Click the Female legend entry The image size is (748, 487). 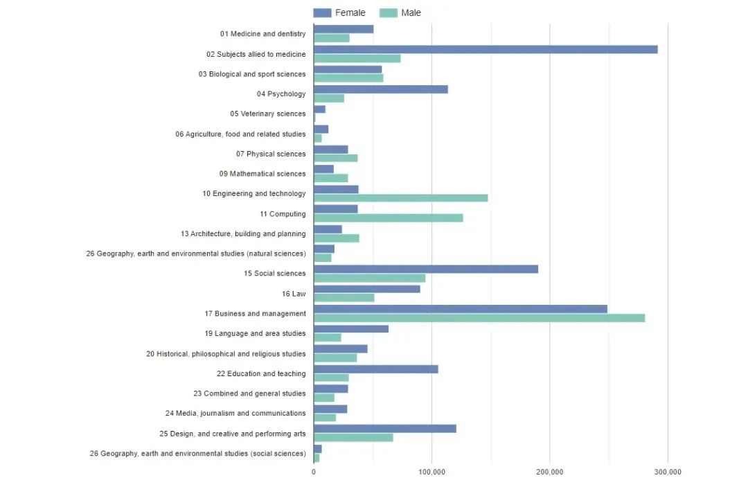click(339, 12)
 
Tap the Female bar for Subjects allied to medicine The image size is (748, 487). click(485, 49)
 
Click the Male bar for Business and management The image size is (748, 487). click(479, 318)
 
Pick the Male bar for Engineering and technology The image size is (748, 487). click(400, 198)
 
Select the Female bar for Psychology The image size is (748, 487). click(380, 89)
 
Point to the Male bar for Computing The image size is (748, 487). click(388, 218)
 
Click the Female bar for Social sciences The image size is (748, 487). click(425, 269)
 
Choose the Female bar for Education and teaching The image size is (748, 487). click(375, 369)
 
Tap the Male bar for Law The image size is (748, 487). click(344, 298)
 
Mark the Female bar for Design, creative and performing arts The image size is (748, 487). click(384, 429)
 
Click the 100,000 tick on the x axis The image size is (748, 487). click(431, 472)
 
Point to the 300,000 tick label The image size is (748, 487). click(668, 472)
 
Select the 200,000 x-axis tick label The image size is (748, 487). click(550, 472)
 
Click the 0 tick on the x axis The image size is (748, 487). click(314, 472)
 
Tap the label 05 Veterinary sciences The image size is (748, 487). click(267, 114)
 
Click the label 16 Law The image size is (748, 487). click(294, 294)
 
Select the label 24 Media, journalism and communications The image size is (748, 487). click(235, 414)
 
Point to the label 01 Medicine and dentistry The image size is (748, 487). click(262, 34)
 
